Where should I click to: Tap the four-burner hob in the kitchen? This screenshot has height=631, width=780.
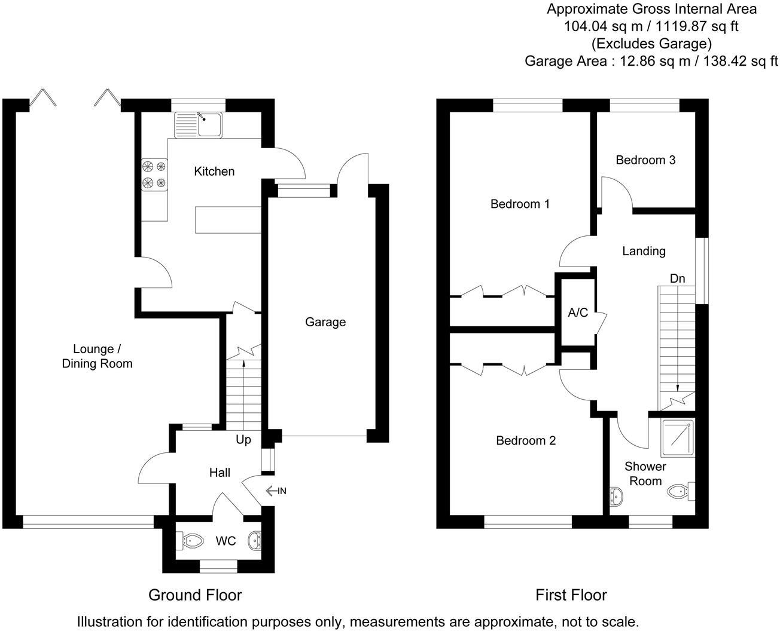[x=154, y=174]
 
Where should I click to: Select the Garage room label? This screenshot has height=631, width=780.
[x=325, y=322]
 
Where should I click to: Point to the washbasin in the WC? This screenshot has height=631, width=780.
[x=255, y=540]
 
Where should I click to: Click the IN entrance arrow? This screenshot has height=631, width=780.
[x=276, y=491]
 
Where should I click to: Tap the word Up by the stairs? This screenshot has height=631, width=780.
[x=243, y=439]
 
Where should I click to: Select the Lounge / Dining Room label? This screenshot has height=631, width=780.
[x=97, y=356]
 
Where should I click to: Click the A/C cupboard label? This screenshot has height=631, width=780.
[x=578, y=313]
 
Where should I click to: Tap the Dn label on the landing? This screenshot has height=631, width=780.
[x=677, y=278]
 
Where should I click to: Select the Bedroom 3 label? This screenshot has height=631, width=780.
[x=645, y=160]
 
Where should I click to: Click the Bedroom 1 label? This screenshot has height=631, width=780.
[x=520, y=204]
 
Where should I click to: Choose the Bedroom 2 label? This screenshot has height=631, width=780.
[x=526, y=440]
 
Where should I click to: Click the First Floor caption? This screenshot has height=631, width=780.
[x=571, y=595]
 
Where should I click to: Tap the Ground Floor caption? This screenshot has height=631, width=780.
[x=195, y=595]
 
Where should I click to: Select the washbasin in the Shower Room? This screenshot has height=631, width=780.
[x=615, y=495]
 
